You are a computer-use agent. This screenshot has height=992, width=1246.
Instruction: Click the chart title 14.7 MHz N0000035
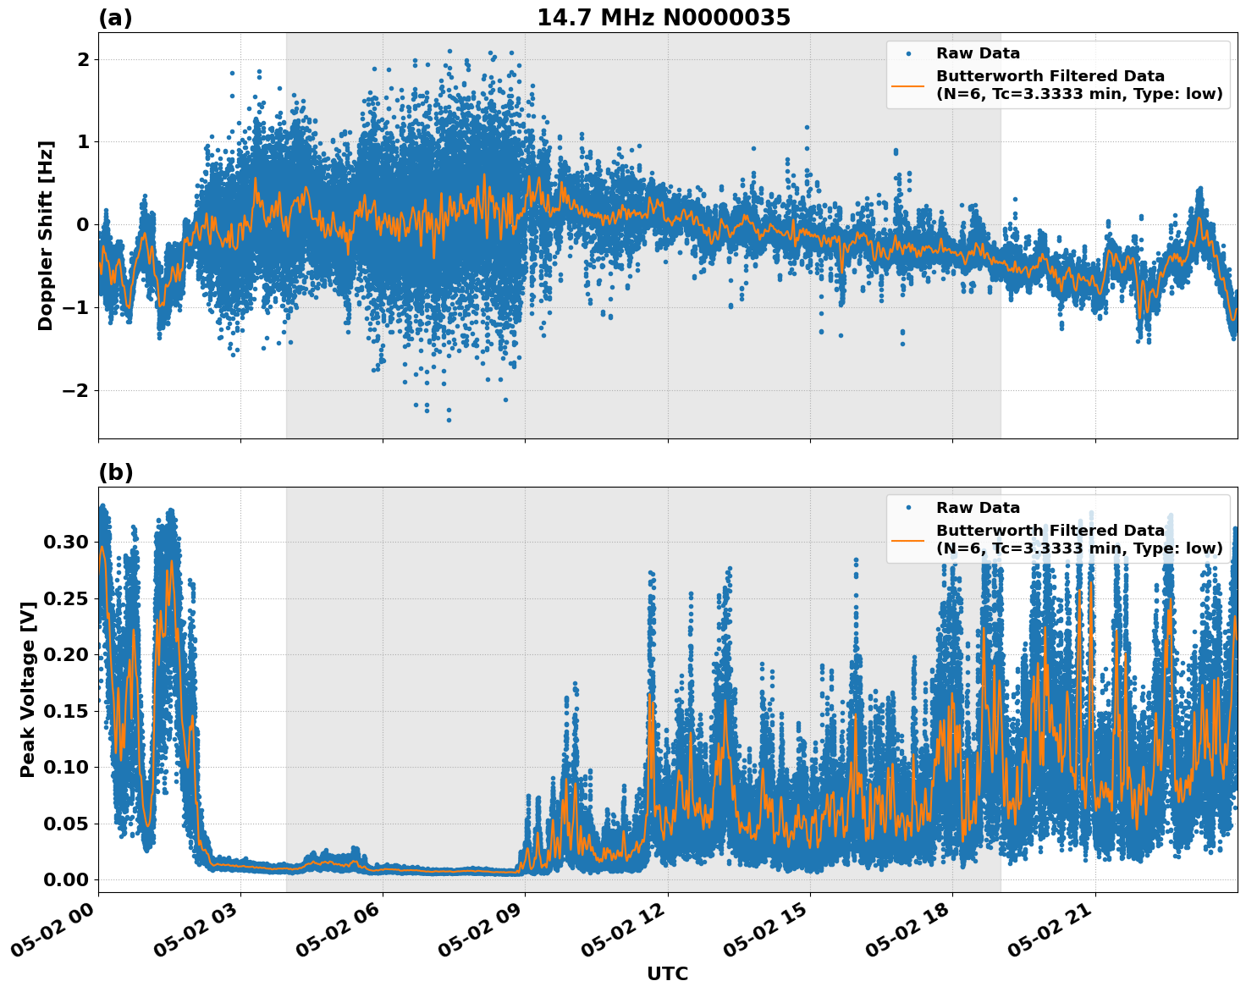pos(664,18)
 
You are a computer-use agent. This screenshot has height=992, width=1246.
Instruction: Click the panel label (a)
pos(115,18)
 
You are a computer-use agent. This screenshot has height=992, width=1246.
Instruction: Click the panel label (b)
pos(115,472)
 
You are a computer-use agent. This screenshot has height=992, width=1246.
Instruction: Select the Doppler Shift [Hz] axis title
pos(46,235)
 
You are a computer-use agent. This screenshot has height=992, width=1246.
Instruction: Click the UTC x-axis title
pos(667,973)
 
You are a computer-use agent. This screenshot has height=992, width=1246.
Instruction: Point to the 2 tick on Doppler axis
pos(83,59)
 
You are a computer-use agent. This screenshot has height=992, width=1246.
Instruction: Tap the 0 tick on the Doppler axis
pos(83,224)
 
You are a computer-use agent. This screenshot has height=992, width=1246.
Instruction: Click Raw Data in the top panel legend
pos(978,53)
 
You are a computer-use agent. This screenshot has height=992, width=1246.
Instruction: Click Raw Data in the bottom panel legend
pos(978,508)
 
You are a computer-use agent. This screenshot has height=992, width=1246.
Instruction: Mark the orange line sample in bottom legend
pos(908,539)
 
